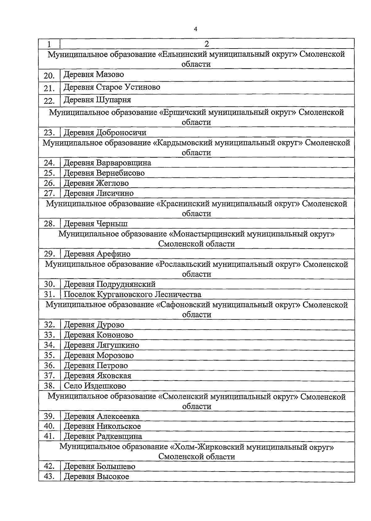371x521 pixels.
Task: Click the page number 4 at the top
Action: [195, 29]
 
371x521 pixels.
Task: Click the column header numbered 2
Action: [207, 44]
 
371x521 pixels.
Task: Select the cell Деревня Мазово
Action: [94, 75]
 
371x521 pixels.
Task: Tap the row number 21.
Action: [49, 88]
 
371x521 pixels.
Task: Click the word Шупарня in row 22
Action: [113, 100]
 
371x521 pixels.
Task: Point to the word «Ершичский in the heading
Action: [182, 112]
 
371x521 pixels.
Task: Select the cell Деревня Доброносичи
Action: [105, 133]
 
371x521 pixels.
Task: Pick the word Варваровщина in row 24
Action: [124, 163]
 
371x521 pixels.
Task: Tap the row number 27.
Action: [49, 193]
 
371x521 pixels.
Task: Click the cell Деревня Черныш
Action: [96, 224]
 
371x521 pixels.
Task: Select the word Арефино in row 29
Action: [113, 254]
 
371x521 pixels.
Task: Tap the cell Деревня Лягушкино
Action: [101, 345]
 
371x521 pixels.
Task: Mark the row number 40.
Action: [49, 426]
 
